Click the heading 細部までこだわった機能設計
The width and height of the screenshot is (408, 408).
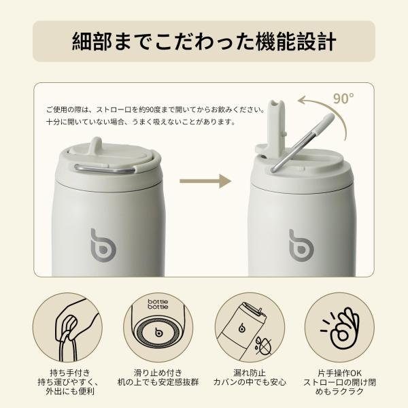click(204, 41)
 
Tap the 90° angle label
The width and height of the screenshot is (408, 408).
click(343, 99)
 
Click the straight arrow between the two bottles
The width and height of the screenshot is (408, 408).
click(205, 181)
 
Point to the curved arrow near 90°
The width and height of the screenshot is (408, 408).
click(329, 109)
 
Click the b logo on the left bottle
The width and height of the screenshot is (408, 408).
click(103, 245)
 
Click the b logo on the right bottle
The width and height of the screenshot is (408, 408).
click(301, 246)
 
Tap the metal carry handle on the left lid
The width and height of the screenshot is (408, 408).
click(105, 169)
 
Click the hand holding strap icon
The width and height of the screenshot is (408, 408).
click(67, 327)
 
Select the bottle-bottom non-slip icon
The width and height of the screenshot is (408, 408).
click(158, 327)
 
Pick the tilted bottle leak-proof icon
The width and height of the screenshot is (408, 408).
click(250, 327)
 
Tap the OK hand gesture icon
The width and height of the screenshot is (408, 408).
click(339, 327)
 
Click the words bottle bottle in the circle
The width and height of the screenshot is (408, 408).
click(158, 304)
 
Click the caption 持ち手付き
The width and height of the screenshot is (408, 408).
click(70, 373)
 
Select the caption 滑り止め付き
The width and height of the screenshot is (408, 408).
click(158, 373)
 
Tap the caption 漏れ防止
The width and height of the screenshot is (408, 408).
click(250, 373)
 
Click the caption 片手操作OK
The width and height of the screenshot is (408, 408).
click(339, 373)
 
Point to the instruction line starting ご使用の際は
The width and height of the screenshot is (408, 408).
click(156, 109)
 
